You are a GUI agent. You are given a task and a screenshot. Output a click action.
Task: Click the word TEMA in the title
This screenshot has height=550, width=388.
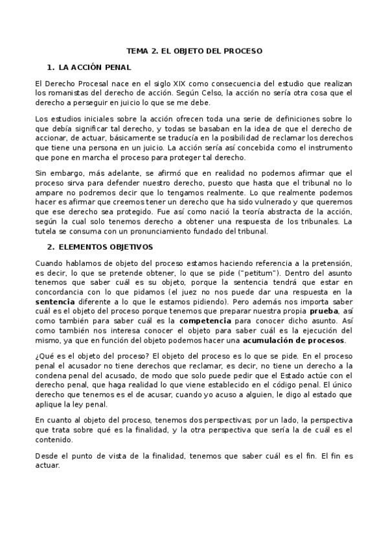(x=137, y=51)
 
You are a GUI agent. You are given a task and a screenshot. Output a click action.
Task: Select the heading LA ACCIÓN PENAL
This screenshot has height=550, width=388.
(x=95, y=67)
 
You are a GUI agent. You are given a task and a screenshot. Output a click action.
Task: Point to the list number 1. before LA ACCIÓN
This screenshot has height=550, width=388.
(x=51, y=67)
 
